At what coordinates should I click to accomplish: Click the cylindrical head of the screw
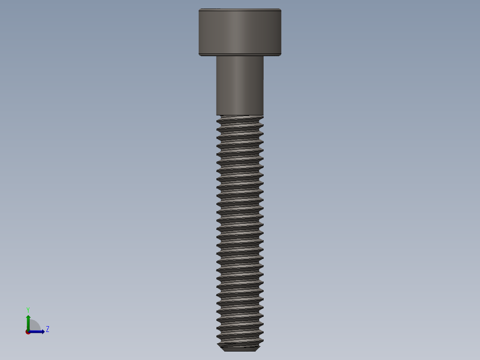[240, 31]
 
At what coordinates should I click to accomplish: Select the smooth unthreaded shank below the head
[240, 85]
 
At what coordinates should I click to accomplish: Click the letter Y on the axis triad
[28, 310]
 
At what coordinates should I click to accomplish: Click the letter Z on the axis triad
[48, 329]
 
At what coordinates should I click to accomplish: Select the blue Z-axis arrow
[38, 331]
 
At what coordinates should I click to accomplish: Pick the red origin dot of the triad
[28, 332]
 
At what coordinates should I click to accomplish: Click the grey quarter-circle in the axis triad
[34, 326]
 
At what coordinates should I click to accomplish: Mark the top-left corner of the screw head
[199, 9]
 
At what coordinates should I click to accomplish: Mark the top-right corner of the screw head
[281, 9]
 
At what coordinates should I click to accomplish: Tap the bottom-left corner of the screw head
[199, 55]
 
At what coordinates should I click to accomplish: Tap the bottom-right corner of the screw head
[281, 55]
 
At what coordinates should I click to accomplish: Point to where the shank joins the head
[240, 56]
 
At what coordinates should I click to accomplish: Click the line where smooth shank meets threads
[240, 115]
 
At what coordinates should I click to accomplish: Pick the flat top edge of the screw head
[240, 9]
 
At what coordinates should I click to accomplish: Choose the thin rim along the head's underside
[240, 54]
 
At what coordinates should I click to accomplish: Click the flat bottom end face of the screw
[240, 350]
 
